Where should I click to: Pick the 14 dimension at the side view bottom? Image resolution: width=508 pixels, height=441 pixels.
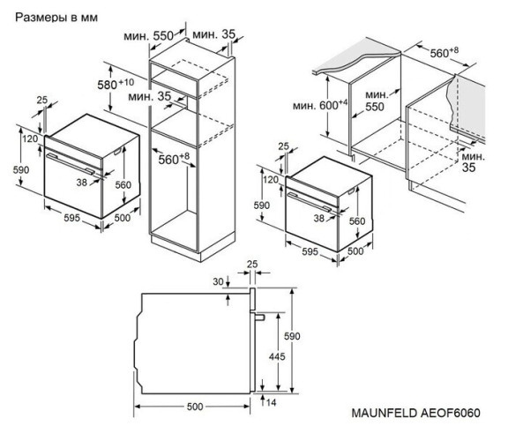[280, 402]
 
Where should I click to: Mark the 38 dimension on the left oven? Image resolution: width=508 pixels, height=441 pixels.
[82, 183]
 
